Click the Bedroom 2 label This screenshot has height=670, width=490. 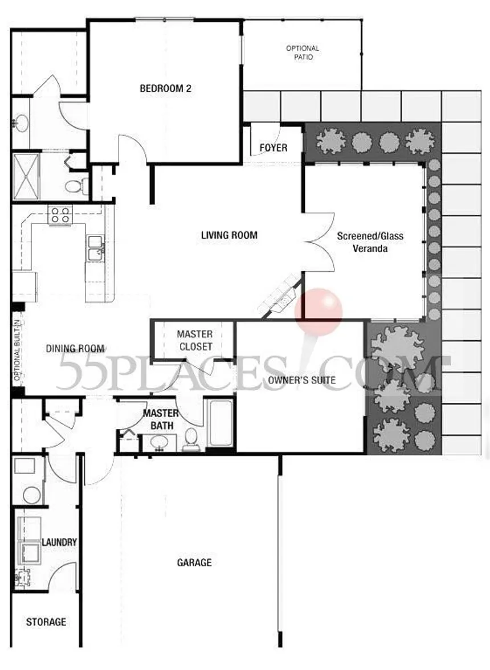165,89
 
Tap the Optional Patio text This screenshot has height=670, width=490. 303,53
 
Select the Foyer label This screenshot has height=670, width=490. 273,148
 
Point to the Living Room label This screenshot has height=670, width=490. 229,235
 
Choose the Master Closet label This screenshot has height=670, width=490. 194,340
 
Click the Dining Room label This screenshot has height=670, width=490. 75,349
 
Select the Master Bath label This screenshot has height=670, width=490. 160,419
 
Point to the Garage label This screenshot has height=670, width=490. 194,563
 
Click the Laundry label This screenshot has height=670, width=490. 59,542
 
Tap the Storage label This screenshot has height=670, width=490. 46,622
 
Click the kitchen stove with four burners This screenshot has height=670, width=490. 60,215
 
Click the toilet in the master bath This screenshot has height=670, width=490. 191,440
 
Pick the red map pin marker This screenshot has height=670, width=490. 318,311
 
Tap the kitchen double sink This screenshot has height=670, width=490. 95,248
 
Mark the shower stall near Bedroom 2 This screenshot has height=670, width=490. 26,175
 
